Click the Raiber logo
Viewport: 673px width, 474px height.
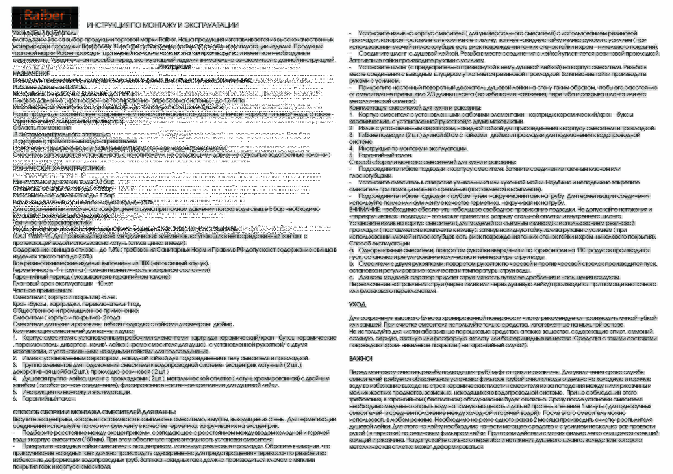tap(45, 17)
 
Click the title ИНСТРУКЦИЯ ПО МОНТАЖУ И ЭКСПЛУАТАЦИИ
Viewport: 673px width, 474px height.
tap(162, 25)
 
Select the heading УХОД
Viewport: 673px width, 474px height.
tap(357, 304)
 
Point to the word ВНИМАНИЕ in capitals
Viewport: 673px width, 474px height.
tap(365, 209)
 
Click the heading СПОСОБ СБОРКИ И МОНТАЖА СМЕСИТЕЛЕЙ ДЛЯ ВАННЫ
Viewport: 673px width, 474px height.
tap(94, 412)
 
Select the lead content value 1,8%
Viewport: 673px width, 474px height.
tap(114, 249)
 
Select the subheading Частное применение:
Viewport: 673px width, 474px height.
tap(42, 290)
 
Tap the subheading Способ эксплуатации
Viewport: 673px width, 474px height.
tap(379, 243)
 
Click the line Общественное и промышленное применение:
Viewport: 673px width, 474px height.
tap(76, 310)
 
